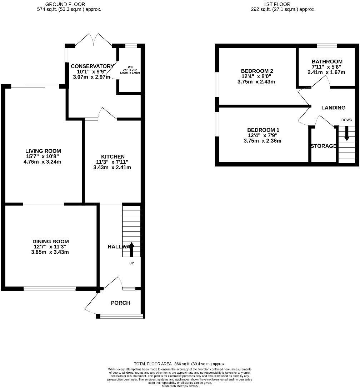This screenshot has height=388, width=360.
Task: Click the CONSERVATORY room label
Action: pyautogui.click(x=92, y=66)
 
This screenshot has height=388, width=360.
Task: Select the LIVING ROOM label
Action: pyautogui.click(x=43, y=151)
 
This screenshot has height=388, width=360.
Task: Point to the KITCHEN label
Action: pyautogui.click(x=113, y=156)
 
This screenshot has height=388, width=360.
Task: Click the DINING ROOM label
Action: pyautogui.click(x=50, y=242)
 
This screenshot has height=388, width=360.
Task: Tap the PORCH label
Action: pyautogui.click(x=120, y=303)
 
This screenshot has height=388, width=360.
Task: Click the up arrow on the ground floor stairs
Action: pyautogui.click(x=131, y=249)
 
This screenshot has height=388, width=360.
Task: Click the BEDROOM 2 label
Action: pyautogui.click(x=257, y=71)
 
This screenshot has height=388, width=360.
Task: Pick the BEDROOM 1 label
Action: pyautogui.click(x=263, y=130)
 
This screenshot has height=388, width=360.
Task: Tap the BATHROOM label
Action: pyautogui.click(x=327, y=61)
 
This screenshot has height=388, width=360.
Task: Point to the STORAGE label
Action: pyautogui.click(x=323, y=146)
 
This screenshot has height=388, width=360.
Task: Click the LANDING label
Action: pyautogui.click(x=333, y=108)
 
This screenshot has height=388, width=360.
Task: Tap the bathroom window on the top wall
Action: pyautogui.click(x=327, y=45)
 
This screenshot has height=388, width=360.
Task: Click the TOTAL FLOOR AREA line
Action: pyautogui.click(x=180, y=364)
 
